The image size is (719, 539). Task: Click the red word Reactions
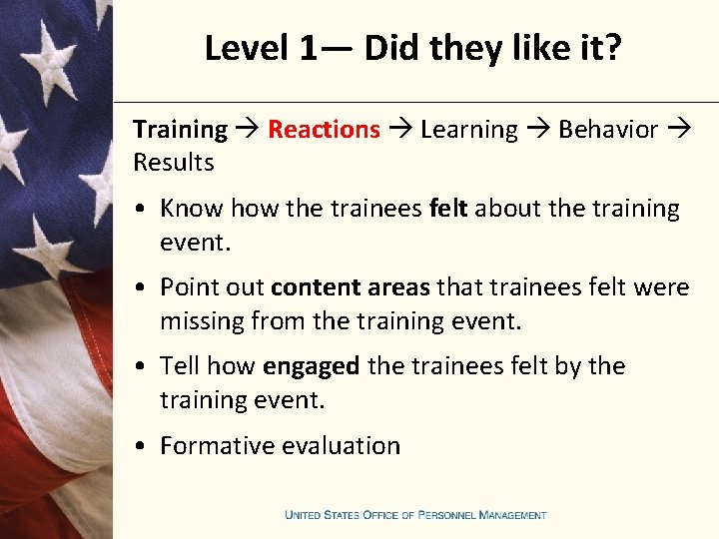click(324, 130)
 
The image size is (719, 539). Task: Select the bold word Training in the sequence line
click(180, 130)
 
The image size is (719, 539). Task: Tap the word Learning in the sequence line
click(469, 130)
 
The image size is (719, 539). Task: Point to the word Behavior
click(608, 130)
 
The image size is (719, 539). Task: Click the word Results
click(174, 163)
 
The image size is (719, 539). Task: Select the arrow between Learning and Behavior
click(538, 130)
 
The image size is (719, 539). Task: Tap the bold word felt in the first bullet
click(448, 209)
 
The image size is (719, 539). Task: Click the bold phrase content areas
click(350, 287)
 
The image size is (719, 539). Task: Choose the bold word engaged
click(311, 366)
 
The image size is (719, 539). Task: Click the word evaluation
click(340, 446)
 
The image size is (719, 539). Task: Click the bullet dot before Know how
click(145, 210)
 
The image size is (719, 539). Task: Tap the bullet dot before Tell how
click(145, 367)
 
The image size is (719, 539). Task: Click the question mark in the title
click(612, 48)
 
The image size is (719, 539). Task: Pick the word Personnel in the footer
click(445, 515)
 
